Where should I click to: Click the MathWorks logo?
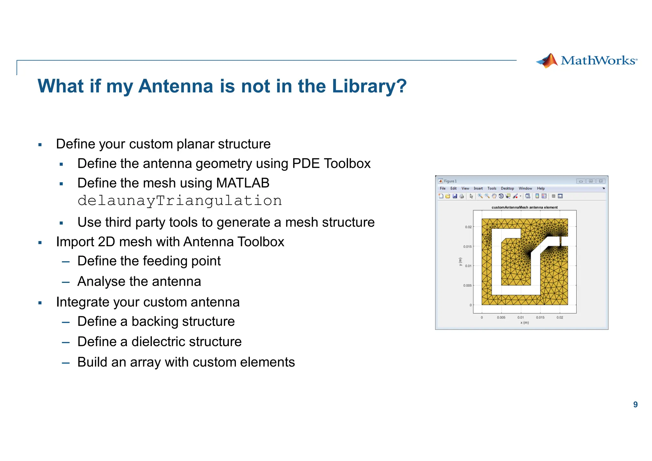point(586,61)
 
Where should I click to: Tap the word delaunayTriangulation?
point(180,201)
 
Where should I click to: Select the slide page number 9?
point(635,404)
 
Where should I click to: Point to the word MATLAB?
point(243,183)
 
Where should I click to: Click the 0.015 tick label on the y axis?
point(467,247)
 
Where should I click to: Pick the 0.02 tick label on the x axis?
point(560,317)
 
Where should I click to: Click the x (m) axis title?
point(524,323)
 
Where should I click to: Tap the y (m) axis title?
point(460,262)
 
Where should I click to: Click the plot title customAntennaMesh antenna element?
point(524,207)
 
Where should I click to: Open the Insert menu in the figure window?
point(478,188)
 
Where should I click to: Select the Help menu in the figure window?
point(541,188)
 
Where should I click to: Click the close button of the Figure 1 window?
point(600,181)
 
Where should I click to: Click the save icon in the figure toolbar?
point(455,196)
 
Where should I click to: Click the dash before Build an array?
point(66,363)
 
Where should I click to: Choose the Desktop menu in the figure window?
point(507,188)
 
